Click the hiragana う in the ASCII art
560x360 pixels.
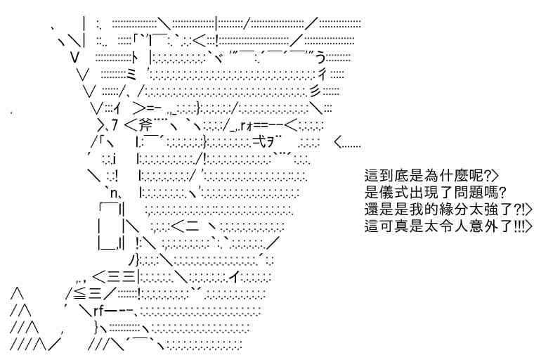[320, 57]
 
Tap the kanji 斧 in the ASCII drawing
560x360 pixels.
[143, 125]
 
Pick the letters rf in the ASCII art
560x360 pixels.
[98, 311]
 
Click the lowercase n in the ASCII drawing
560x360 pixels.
[114, 194]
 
